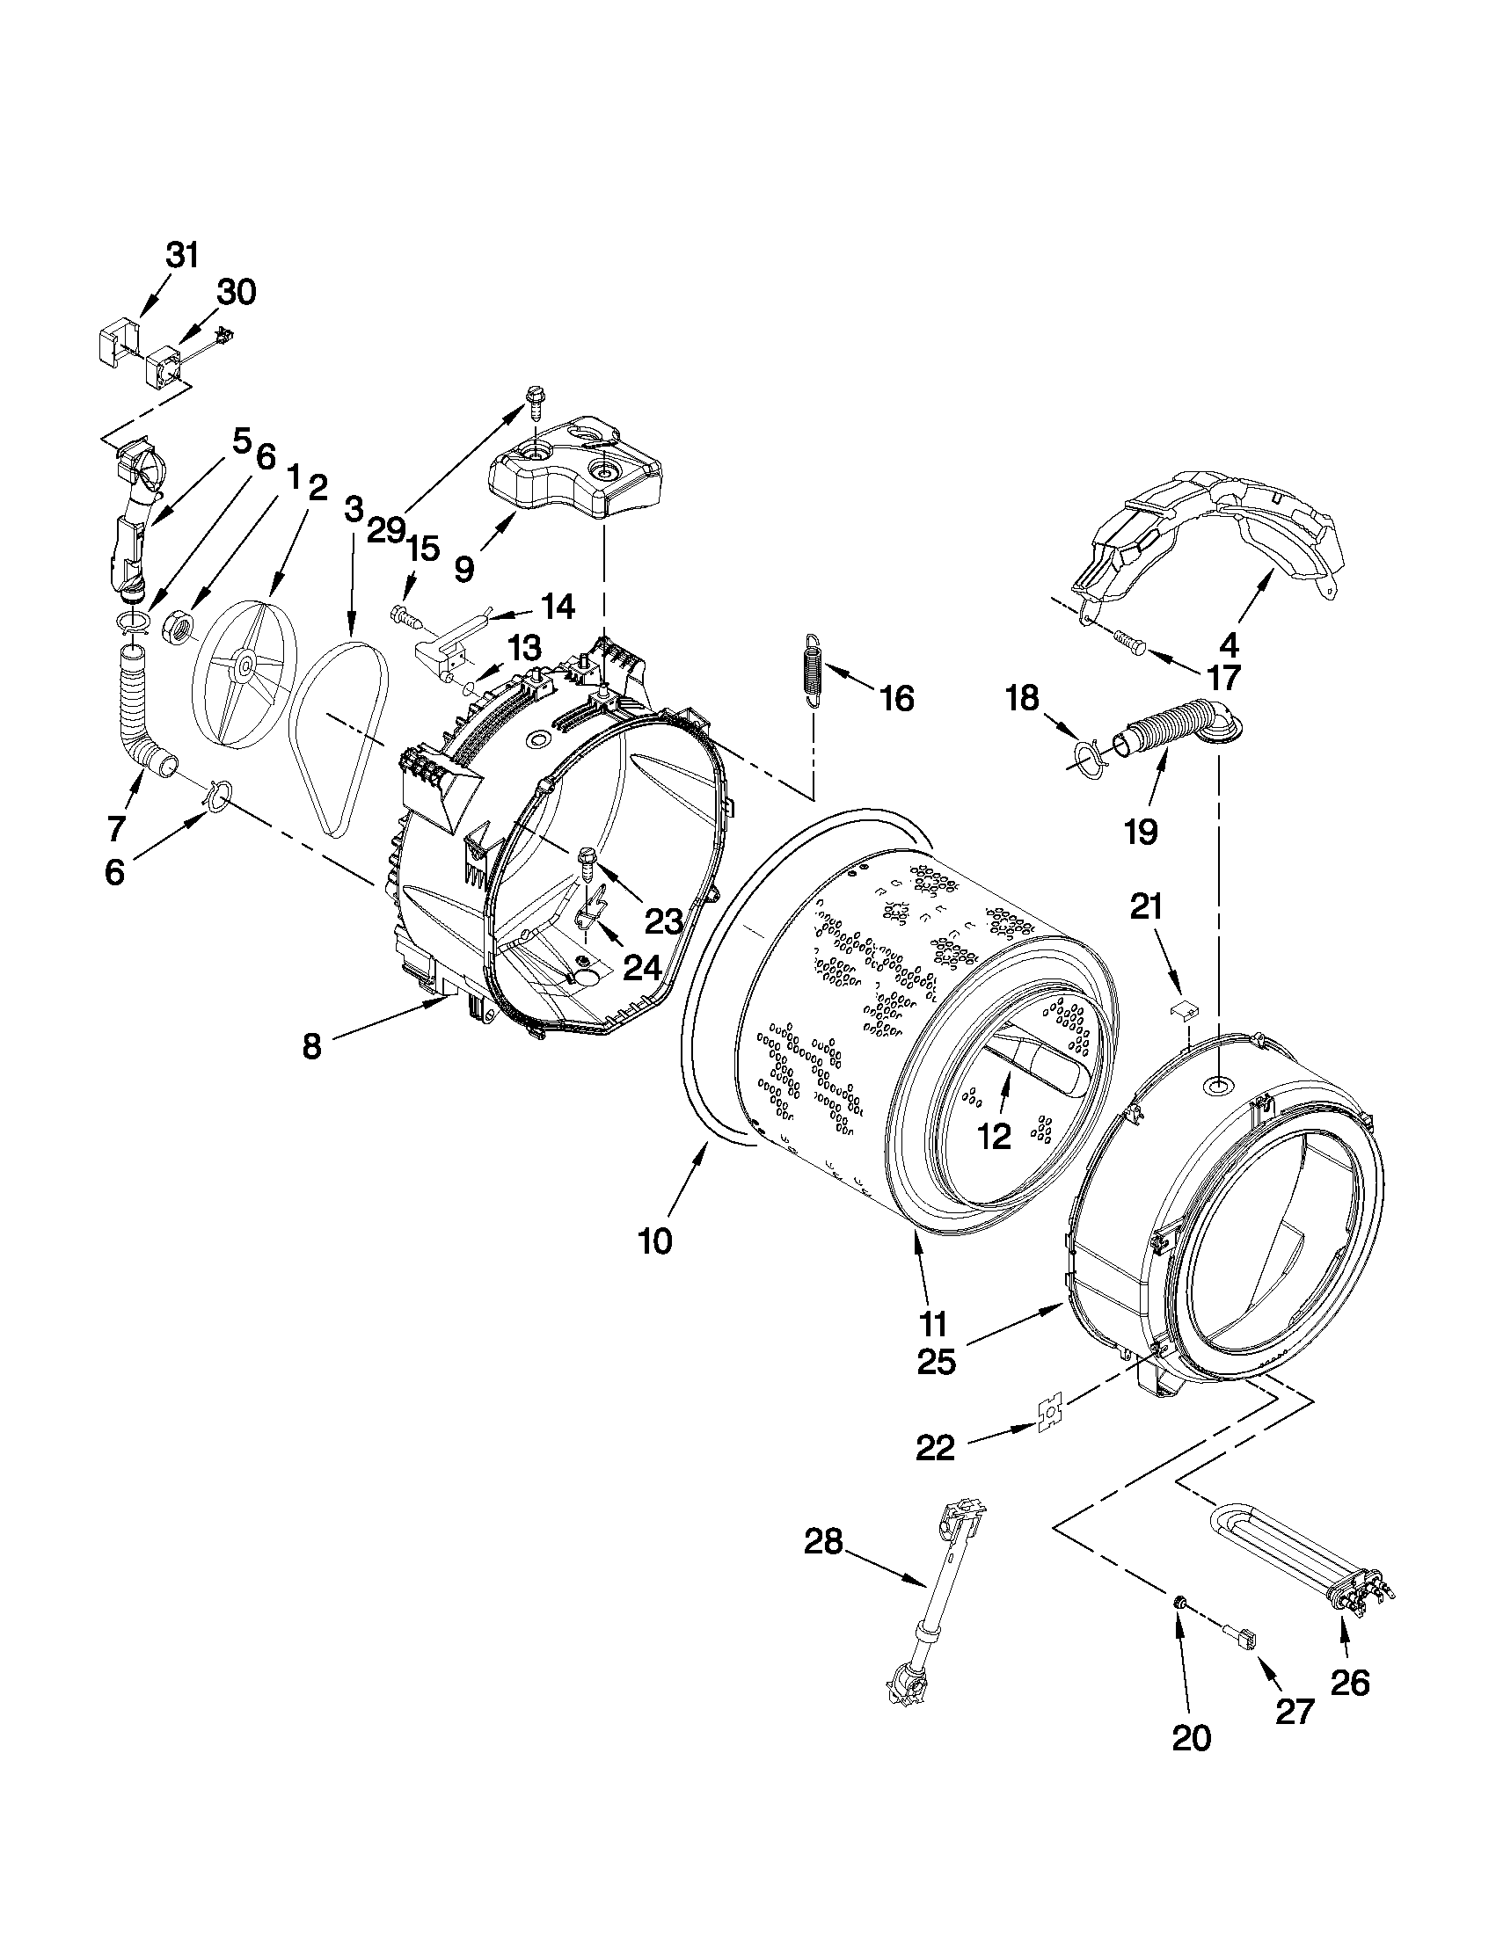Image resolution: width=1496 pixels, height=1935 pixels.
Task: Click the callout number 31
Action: (x=182, y=255)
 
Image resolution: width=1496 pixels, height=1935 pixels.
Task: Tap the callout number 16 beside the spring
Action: (x=897, y=699)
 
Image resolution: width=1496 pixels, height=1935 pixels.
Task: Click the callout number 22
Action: (x=936, y=1448)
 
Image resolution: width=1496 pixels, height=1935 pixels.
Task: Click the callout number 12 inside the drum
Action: (x=994, y=1136)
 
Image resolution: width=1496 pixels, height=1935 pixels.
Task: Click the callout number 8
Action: (x=311, y=1046)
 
